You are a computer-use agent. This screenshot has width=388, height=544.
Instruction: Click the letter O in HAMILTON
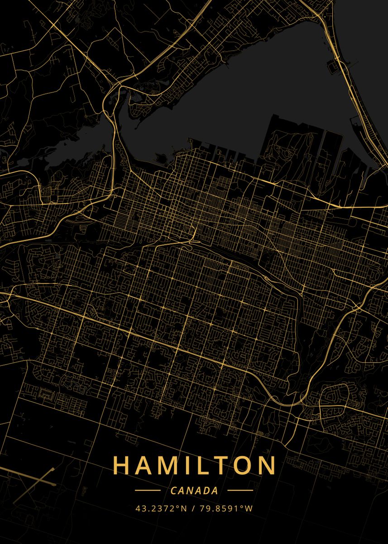tap(245, 466)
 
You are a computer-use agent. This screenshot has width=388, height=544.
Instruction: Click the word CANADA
tap(194, 491)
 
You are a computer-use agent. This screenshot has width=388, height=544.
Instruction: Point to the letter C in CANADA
tap(173, 491)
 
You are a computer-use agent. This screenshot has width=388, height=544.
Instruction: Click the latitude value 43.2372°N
tap(161, 509)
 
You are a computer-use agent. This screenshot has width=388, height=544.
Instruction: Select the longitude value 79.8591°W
tap(227, 509)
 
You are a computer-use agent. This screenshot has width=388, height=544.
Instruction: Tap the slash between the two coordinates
tap(194, 509)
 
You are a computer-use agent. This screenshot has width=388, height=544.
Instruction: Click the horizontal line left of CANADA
tap(148, 491)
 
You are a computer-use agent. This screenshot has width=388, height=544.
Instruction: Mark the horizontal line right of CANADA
tap(240, 491)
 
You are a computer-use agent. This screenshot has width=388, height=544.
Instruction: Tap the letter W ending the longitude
tap(249, 509)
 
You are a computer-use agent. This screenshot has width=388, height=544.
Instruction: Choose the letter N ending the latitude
tap(183, 509)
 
